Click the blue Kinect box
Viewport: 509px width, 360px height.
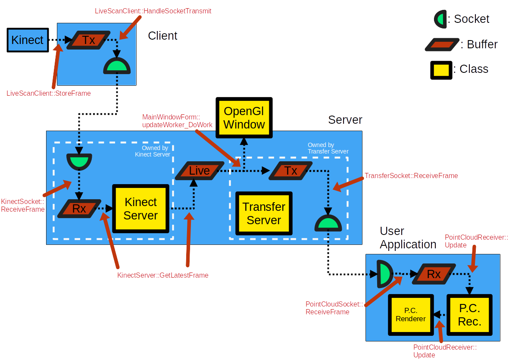[28, 40]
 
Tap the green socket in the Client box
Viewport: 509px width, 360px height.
[117, 66]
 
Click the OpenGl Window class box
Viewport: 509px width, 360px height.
[244, 118]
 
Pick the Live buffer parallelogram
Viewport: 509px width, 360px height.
[200, 170]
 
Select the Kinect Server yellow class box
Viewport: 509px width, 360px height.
[141, 209]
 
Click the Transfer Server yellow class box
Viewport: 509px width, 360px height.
[264, 213]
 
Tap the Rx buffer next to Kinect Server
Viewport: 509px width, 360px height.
[79, 209]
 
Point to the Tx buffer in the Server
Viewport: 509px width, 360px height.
[291, 171]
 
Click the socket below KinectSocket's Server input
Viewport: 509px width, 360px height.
[79, 161]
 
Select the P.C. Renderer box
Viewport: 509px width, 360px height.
[411, 315]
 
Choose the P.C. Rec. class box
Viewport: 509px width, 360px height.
[469, 315]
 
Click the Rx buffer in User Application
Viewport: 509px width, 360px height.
[434, 274]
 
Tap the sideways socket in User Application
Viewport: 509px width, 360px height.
[384, 274]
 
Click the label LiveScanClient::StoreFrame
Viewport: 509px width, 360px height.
[49, 93]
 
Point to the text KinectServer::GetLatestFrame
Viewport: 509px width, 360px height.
[163, 275]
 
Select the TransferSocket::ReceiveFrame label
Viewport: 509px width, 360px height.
[411, 176]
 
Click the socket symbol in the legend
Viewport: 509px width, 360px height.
[440, 19]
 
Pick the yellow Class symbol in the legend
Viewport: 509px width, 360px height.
[441, 70]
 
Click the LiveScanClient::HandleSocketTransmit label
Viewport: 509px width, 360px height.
[153, 11]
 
